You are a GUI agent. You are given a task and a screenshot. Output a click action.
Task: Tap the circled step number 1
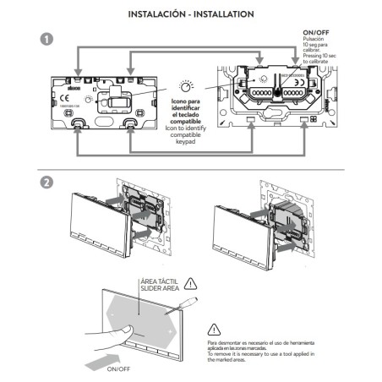click(x=46, y=41)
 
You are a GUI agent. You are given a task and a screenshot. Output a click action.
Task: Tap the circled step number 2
click(x=46, y=181)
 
